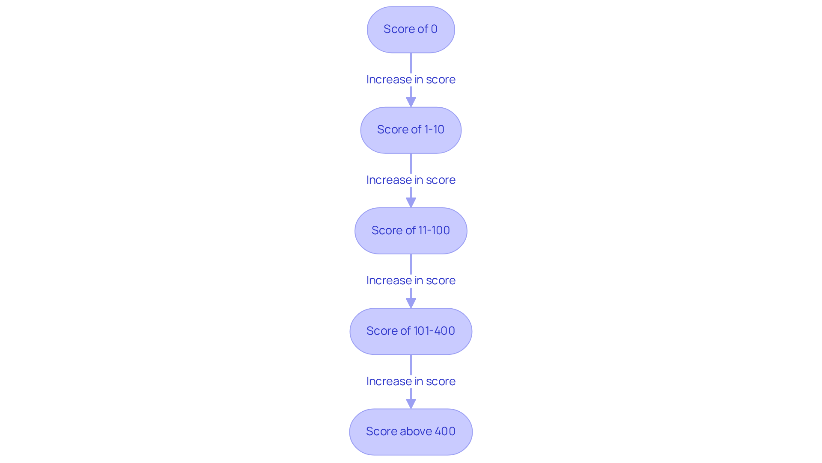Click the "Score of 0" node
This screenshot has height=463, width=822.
411,29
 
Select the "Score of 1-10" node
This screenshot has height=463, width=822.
411,130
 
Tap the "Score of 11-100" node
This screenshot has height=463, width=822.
411,231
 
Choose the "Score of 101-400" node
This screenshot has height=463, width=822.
411,331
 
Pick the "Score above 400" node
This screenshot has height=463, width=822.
411,432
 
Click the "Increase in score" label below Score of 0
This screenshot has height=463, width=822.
411,80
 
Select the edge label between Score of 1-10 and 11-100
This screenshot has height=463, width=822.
411,180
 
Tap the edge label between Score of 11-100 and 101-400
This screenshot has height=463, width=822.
411,280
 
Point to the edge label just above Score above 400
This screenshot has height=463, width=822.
411,381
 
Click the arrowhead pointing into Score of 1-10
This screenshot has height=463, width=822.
411,102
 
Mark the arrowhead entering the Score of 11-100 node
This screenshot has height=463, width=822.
411,203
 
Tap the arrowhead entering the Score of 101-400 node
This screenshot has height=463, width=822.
411,303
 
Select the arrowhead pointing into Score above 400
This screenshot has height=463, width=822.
411,404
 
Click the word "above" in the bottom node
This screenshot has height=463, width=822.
416,431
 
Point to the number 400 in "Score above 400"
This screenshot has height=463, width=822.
445,431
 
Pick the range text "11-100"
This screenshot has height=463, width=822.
434,230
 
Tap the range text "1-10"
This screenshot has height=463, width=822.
434,130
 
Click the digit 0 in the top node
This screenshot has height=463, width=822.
434,29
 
